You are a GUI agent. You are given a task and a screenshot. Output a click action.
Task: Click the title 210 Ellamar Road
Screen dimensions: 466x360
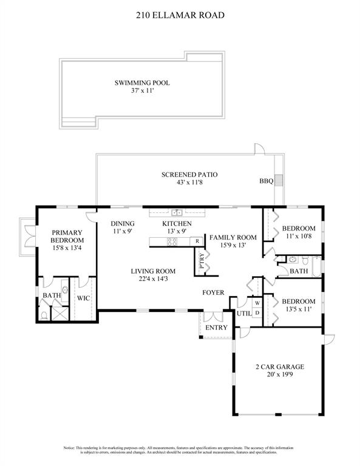tap(180, 18)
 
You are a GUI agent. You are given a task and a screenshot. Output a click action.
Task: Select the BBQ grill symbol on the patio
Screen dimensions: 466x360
tap(279, 180)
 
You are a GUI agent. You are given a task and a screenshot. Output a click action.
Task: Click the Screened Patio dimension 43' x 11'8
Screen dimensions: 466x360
tap(189, 183)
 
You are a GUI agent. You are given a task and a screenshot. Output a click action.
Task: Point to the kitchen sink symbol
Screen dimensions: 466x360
tap(177, 212)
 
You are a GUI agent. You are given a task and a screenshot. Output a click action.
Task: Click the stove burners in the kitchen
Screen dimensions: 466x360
tap(172, 241)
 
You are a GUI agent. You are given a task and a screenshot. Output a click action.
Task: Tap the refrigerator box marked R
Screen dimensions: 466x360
tap(198, 241)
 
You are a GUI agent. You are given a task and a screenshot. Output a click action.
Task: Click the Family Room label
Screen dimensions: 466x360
tap(233, 237)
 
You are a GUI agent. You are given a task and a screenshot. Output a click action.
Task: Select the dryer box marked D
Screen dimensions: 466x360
tap(257, 312)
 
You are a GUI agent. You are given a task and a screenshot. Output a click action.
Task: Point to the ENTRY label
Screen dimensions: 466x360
tap(217, 328)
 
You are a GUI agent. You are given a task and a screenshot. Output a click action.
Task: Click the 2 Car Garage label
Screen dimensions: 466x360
tap(279, 366)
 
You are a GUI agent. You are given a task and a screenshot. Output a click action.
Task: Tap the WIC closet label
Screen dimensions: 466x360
tap(83, 298)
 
